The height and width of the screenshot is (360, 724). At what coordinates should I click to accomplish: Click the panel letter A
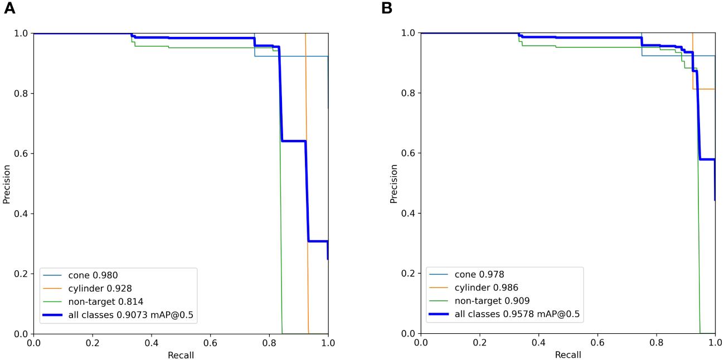9,9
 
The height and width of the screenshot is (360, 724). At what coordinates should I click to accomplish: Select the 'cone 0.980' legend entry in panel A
93,275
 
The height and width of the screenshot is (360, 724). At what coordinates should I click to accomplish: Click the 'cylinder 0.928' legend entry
100,289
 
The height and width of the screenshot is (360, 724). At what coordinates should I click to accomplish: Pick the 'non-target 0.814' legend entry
105,302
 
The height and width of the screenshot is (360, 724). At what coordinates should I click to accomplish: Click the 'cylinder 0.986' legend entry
487,288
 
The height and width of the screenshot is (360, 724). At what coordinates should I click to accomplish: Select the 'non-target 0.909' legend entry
492,301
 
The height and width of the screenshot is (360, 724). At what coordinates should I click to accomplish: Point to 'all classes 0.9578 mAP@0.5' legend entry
517,315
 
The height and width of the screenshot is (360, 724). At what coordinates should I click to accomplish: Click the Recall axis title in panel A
181,356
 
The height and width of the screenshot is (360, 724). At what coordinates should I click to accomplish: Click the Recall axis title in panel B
567,355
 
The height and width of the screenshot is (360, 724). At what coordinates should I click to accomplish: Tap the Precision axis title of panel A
7,183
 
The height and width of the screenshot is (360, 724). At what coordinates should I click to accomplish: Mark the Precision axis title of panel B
394,183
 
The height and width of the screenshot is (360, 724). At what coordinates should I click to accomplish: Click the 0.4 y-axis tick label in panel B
409,213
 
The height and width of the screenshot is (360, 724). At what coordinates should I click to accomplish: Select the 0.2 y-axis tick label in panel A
21,274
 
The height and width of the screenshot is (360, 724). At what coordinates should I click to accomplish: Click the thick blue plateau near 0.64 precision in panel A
294,141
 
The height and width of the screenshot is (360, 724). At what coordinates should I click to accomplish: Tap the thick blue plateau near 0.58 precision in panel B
707,159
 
